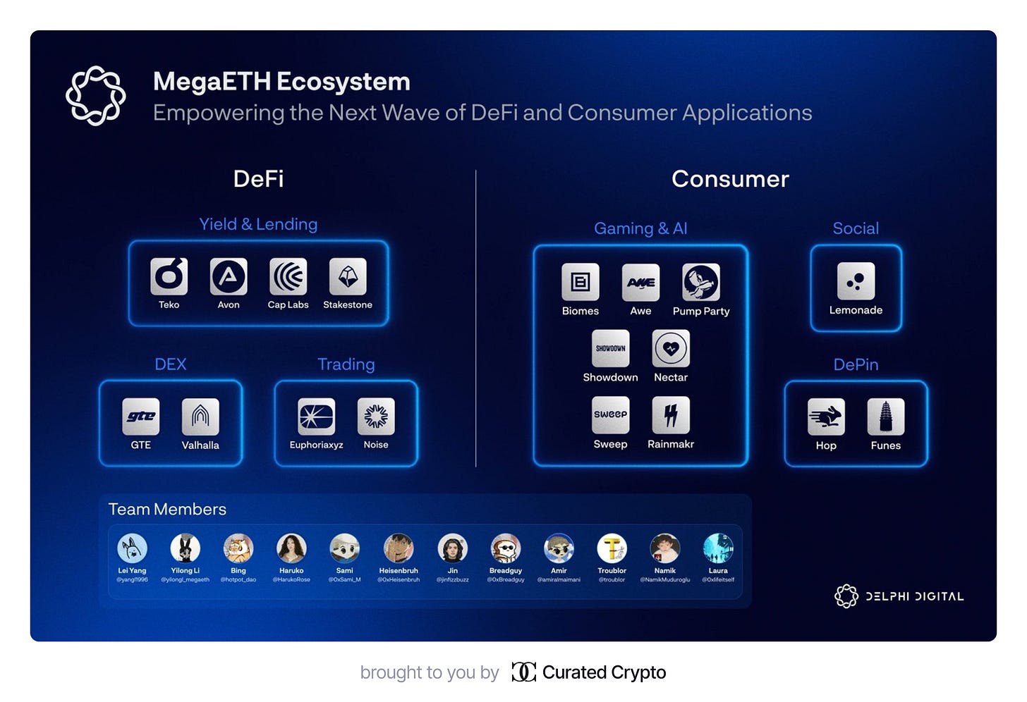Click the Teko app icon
(169, 276)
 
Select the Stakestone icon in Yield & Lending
(348, 276)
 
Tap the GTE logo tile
(141, 417)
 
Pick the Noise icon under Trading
(376, 417)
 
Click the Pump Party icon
(701, 282)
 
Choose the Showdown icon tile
(611, 348)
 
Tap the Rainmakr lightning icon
(671, 415)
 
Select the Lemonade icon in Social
(856, 281)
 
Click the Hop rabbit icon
(826, 417)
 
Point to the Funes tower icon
(886, 417)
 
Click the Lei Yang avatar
(132, 548)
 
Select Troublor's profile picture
(612, 548)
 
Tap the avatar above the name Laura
(718, 548)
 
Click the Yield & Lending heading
(258, 224)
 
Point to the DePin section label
(856, 364)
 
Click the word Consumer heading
(730, 179)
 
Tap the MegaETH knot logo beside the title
(96, 96)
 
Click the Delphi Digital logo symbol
(846, 596)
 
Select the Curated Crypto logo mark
(523, 672)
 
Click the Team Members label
(167, 509)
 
